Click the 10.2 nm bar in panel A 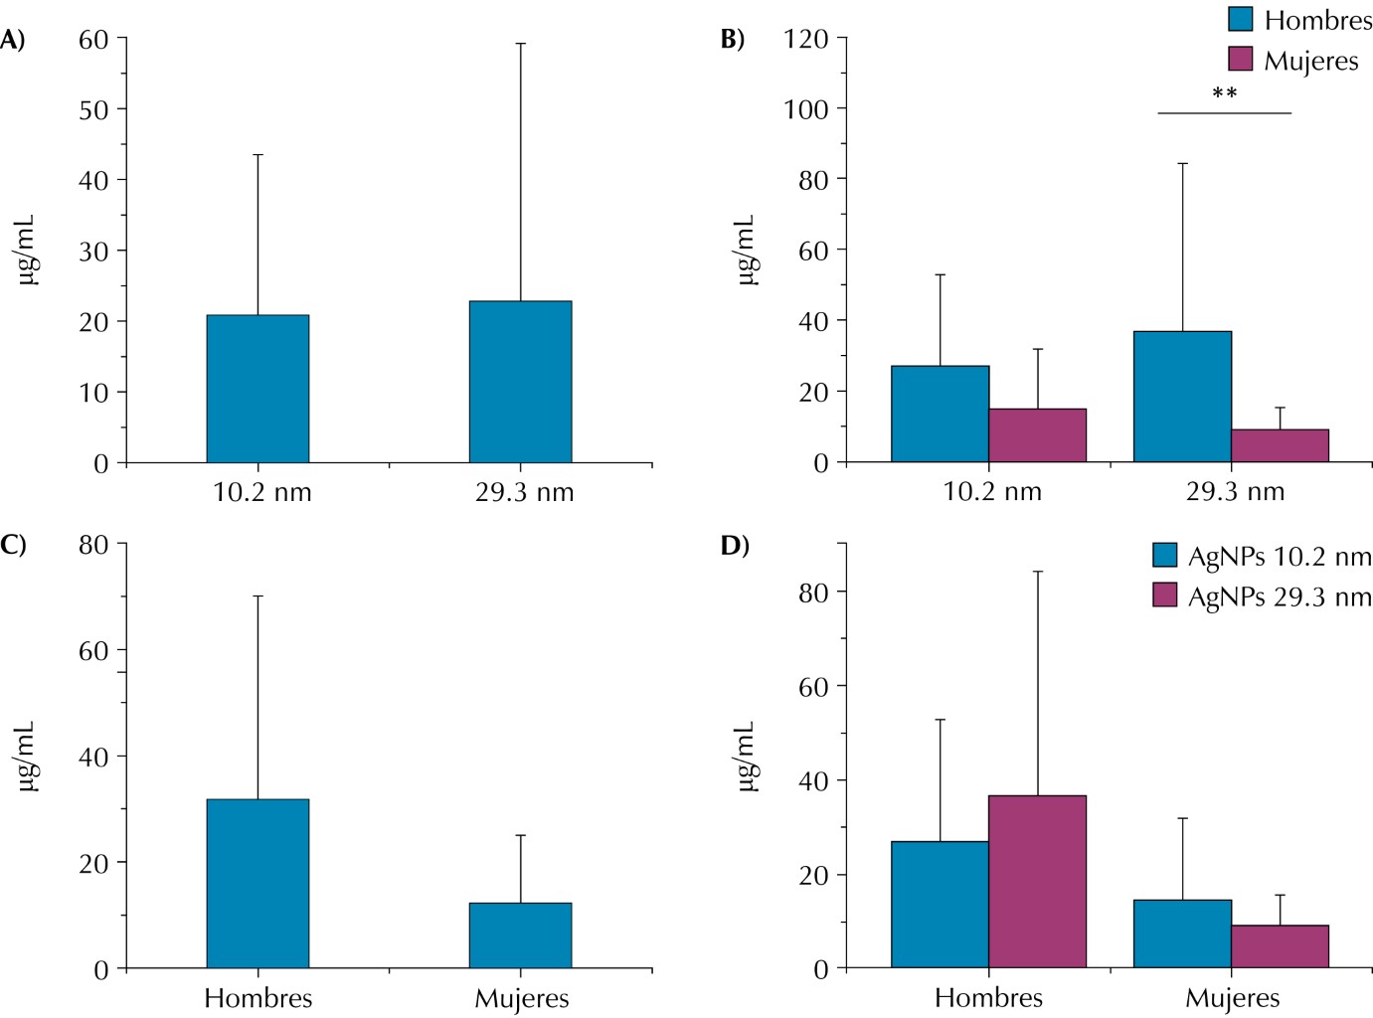coord(257,389)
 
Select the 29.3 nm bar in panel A coord(520,382)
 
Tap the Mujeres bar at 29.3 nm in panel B coord(1280,445)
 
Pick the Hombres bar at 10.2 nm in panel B coord(940,414)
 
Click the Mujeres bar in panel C coord(520,935)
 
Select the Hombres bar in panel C coord(257,883)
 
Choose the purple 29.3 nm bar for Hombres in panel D coord(1037,881)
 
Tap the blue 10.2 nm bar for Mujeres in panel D coord(1182,933)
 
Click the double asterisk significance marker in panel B coord(1224,93)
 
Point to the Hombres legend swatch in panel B coord(1240,19)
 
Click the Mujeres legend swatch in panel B coord(1240,59)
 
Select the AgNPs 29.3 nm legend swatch coord(1164,594)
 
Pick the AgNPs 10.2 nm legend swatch coord(1164,555)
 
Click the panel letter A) coord(12,39)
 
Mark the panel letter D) coord(735,545)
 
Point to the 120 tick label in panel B coord(805,39)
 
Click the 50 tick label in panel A coord(93,109)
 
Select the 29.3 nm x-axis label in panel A coord(524,492)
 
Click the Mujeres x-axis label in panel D coord(1232,998)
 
